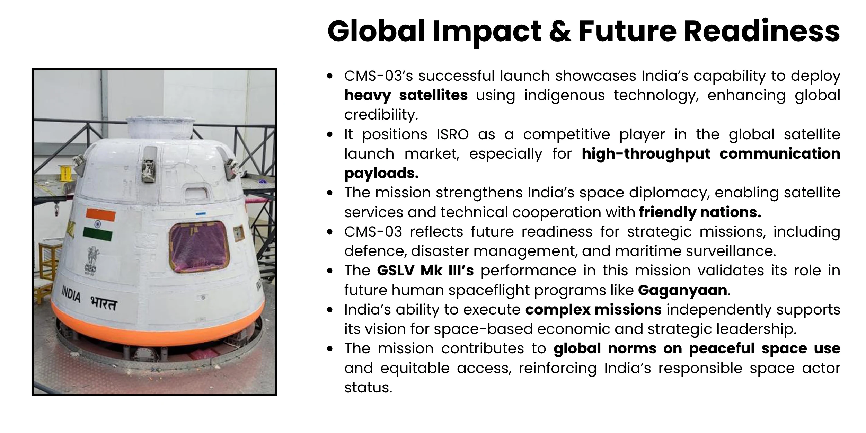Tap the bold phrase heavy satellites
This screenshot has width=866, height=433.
[x=406, y=95]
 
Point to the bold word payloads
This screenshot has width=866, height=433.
[x=381, y=173]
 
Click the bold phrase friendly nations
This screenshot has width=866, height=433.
[x=700, y=212]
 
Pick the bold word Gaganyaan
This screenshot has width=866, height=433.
[x=682, y=290]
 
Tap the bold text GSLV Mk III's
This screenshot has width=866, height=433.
[x=425, y=271]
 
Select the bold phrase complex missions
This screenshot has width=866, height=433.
[x=593, y=309]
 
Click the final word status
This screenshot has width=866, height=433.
[x=368, y=387]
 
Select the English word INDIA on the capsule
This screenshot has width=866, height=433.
[x=71, y=294]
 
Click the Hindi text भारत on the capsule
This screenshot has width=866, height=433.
[x=104, y=304]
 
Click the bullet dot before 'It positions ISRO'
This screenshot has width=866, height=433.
[x=330, y=134]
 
